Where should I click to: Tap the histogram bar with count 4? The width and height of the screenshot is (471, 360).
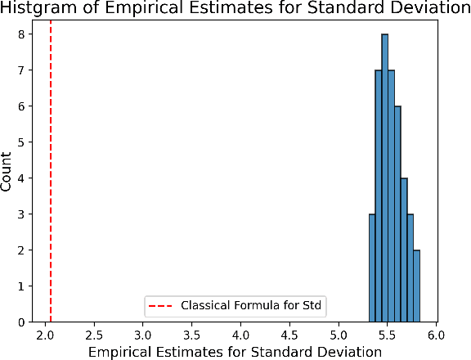coord(404,250)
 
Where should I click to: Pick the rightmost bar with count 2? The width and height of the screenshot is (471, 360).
coord(416,286)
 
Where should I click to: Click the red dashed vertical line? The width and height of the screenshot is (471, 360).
coord(51,164)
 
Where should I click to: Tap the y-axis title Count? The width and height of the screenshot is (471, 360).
coord(7,172)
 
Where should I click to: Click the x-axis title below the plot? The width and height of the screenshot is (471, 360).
coord(235,352)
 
